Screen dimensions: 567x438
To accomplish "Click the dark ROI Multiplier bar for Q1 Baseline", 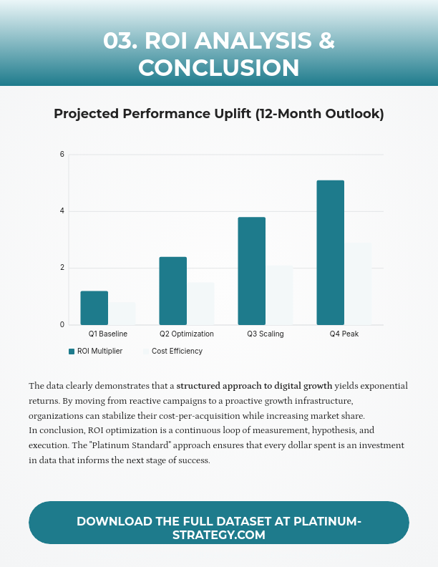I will tap(94, 308).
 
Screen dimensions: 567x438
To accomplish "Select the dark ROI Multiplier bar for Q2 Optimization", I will tap(172, 291).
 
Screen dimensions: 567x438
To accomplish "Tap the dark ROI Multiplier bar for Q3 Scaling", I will tap(251, 271).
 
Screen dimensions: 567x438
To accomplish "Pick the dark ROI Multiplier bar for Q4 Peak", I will tap(330, 253).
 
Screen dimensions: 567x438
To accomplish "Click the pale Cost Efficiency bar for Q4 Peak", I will tap(358, 283).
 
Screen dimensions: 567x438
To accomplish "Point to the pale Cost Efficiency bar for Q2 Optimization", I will tap(200, 304).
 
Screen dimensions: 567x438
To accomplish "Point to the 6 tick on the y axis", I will tap(62, 155).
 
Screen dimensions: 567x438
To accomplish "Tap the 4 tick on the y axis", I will tap(62, 211).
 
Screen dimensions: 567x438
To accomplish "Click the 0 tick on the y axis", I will tap(62, 325).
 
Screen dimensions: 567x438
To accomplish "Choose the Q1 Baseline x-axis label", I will tap(108, 334).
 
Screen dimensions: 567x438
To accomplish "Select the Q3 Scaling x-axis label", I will tap(266, 334).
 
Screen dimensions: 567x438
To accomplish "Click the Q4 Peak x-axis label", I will tap(344, 334).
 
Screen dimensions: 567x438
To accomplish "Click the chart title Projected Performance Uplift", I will tap(219, 114).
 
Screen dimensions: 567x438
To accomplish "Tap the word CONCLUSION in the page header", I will tap(219, 67).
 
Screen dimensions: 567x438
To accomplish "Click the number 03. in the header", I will tap(121, 40).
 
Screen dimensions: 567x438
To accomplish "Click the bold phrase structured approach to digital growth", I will tap(254, 386).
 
